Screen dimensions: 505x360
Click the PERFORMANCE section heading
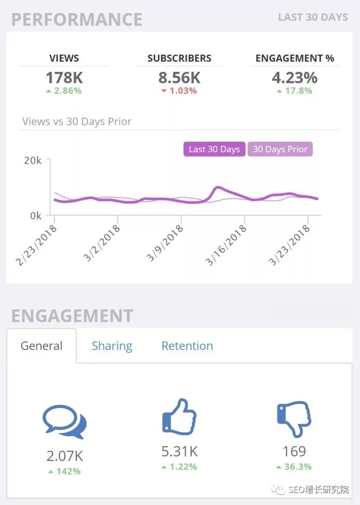tap(77, 19)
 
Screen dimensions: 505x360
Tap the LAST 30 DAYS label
tap(313, 18)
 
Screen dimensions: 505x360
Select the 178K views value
tap(64, 77)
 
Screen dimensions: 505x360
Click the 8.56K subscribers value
tap(179, 77)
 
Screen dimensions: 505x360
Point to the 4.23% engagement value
tap(295, 77)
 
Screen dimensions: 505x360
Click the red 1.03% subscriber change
tap(179, 91)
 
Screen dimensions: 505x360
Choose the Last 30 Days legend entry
tap(214, 149)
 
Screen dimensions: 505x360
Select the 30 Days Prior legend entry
tap(280, 149)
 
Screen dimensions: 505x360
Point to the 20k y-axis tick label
tap(32, 160)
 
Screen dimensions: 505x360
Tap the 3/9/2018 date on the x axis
tap(165, 244)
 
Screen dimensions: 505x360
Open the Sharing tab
tap(112, 346)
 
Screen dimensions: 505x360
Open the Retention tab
tap(187, 346)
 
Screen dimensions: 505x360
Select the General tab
tap(41, 346)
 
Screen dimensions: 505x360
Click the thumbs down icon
tap(294, 418)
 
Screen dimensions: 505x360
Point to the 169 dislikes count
tap(294, 451)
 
